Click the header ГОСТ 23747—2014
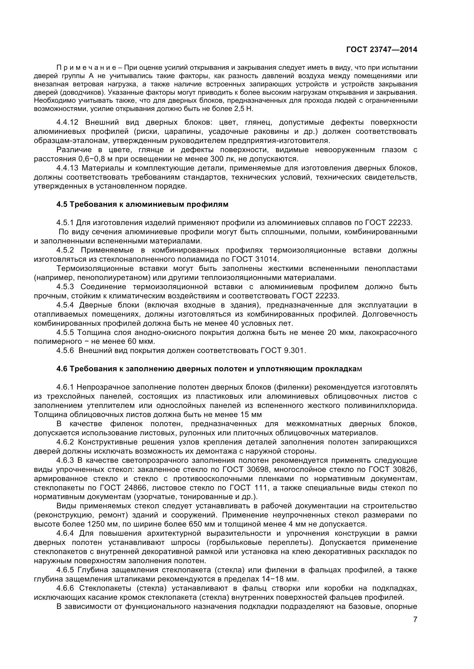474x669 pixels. click(381, 49)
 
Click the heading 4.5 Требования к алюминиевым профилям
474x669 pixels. click(142, 204)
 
